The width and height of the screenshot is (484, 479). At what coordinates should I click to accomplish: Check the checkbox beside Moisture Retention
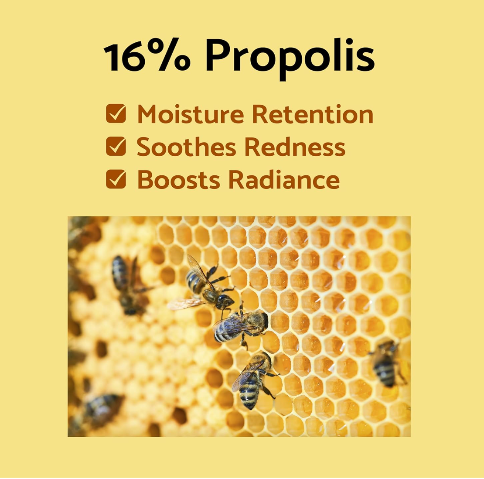(116, 114)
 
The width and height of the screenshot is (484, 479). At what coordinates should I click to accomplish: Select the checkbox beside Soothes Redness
(116, 147)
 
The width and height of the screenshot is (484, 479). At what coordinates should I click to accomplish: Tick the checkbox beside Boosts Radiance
(116, 179)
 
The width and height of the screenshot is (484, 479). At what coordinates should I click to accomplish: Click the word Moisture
(191, 114)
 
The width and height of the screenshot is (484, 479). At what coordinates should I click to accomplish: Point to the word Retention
(313, 114)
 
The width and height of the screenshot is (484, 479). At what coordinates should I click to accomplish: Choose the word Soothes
(187, 147)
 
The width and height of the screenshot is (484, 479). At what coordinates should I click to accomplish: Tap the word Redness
(295, 147)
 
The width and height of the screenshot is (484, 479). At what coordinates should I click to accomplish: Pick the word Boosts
(178, 180)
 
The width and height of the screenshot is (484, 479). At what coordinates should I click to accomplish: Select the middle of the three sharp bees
(241, 326)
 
